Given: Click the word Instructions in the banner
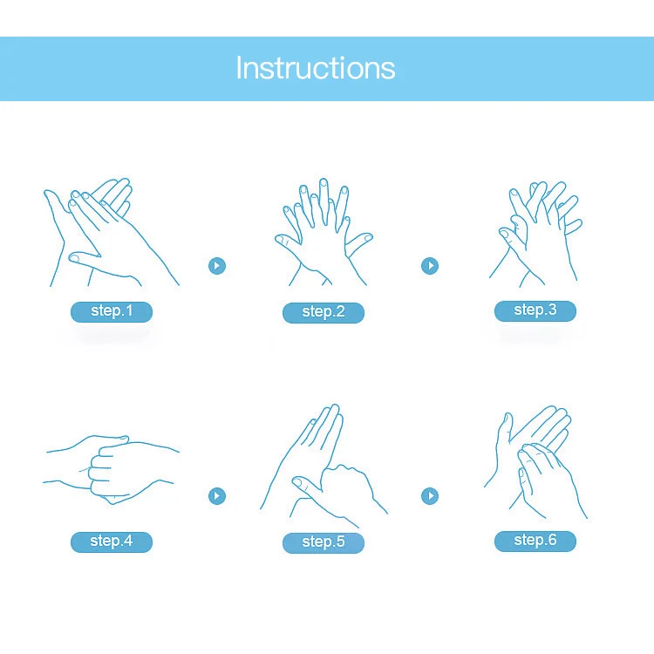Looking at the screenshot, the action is click(316, 67).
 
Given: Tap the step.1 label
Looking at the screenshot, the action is click(112, 311).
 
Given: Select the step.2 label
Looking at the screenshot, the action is click(324, 312).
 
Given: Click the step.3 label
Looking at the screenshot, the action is click(535, 310).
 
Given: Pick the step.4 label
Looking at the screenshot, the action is click(112, 542).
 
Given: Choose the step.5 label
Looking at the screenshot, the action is click(324, 542).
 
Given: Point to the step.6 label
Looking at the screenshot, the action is click(535, 541).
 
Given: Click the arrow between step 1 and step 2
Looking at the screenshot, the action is click(217, 266).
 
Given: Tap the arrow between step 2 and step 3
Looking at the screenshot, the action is click(430, 266).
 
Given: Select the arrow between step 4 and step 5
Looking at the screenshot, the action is click(217, 496).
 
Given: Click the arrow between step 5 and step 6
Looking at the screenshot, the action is click(430, 496).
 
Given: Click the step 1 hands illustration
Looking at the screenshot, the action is click(111, 232).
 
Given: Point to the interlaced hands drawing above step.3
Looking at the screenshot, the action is click(535, 234).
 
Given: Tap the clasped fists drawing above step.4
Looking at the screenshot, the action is click(111, 470).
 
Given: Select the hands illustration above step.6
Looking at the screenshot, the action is click(535, 462).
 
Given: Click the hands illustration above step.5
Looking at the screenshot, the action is click(324, 466).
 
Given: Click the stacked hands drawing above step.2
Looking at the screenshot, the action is click(324, 232).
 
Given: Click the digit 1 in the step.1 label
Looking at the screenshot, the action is click(129, 310).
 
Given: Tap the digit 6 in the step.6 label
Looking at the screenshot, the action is click(552, 540).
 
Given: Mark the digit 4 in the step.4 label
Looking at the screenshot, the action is click(128, 541).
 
